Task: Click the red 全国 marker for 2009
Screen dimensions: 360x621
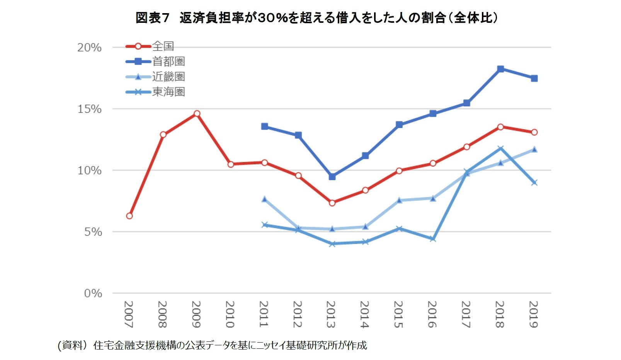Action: pos(197,113)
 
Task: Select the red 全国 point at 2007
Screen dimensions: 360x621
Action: pos(129,216)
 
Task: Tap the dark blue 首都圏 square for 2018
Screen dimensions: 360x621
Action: pos(500,69)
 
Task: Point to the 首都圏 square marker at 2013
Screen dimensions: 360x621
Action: pos(332,176)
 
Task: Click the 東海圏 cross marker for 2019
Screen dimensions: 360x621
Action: pos(534,183)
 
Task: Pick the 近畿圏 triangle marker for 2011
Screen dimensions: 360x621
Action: pos(264,199)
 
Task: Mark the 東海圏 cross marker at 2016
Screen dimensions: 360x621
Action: pos(433,239)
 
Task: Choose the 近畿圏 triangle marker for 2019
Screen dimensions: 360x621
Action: pos(534,149)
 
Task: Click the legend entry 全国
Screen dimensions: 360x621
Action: pos(163,46)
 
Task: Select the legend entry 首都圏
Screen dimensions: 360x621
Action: pos(168,61)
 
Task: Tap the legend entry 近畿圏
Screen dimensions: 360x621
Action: pos(168,77)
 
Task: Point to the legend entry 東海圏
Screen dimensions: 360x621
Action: pos(168,92)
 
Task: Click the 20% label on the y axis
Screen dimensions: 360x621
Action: pos(89,48)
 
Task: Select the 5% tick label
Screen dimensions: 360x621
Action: pos(93,232)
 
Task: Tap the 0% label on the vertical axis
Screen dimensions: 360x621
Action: pos(93,293)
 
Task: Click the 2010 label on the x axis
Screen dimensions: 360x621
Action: pos(230,314)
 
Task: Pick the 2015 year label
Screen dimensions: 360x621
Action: pos(399,314)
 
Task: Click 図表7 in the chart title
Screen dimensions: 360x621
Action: pos(153,18)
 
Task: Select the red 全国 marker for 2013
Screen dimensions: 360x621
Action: pos(332,203)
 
